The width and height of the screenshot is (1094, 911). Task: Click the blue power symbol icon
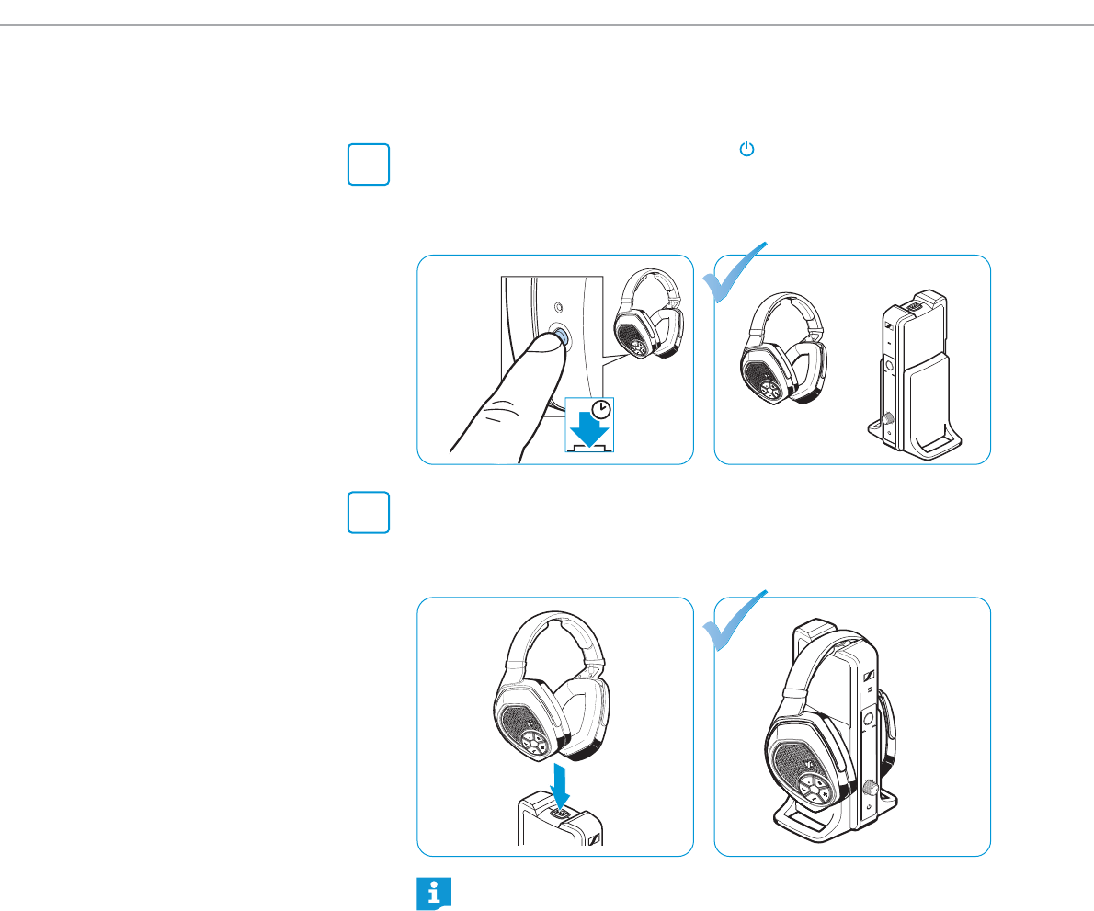click(746, 149)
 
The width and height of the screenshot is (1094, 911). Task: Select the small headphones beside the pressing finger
click(647, 318)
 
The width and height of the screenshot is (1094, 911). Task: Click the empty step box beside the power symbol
click(369, 165)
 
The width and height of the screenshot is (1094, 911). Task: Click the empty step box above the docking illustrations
click(369, 513)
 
